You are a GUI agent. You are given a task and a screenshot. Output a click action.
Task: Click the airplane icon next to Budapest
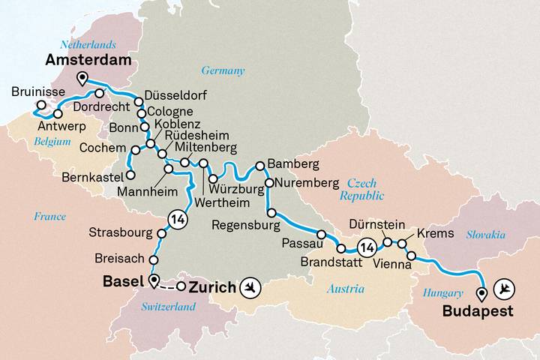[x=509, y=287]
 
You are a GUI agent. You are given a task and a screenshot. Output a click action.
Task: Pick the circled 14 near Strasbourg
[x=177, y=220]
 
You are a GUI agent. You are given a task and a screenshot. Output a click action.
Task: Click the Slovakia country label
[x=485, y=235]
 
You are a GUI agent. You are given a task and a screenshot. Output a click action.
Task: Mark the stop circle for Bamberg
[x=260, y=165]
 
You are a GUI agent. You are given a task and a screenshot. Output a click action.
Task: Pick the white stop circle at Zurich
[x=181, y=286]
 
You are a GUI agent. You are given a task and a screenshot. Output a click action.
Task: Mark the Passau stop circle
[x=321, y=234]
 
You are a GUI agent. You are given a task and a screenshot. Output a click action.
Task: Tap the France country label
[x=49, y=217]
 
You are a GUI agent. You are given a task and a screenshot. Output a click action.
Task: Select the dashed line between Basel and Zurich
[x=168, y=286]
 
